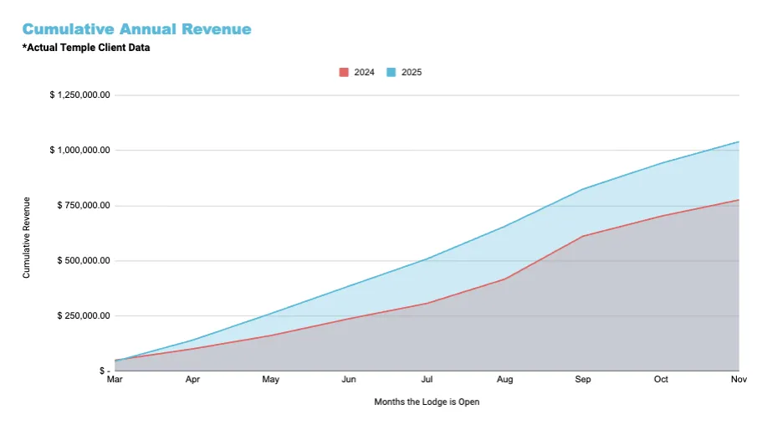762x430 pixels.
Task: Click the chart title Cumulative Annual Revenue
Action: (136, 29)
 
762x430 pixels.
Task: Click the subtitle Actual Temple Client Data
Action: (86, 48)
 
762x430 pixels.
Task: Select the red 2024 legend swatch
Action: (343, 73)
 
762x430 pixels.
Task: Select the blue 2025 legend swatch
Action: (391, 73)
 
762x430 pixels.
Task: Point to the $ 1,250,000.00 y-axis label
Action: (80, 95)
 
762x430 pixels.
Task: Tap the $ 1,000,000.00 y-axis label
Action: (80, 151)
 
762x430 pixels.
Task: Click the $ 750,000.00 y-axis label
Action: (84, 206)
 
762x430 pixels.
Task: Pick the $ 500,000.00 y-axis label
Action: (84, 261)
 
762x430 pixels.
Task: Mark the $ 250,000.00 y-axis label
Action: (84, 316)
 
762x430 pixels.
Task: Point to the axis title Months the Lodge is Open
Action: (427, 402)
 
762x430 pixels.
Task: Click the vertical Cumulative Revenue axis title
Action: (27, 238)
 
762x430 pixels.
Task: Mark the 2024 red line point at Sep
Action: (583, 236)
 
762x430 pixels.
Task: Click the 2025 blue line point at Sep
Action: (583, 189)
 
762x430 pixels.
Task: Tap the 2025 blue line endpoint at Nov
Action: (739, 141)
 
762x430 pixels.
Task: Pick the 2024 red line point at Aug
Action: (504, 279)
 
